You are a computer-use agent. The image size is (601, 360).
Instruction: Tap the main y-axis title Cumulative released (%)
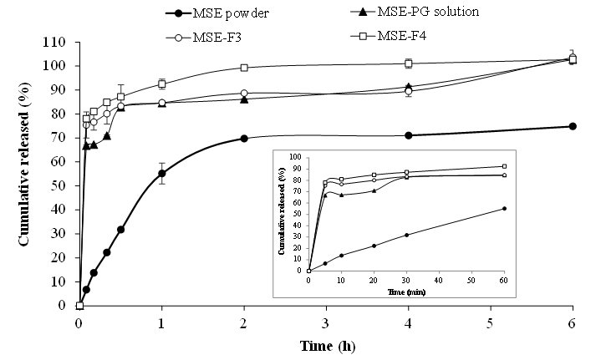click(x=26, y=173)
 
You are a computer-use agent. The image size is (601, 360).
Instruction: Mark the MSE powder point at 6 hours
click(x=573, y=126)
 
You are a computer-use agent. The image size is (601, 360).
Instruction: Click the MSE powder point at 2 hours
click(x=244, y=138)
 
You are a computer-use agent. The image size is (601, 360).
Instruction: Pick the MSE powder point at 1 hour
click(x=161, y=174)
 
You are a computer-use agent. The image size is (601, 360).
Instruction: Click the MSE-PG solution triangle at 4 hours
click(x=408, y=86)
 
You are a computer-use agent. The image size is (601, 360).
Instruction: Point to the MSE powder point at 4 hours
click(x=408, y=135)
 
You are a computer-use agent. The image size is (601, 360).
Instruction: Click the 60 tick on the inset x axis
click(x=504, y=277)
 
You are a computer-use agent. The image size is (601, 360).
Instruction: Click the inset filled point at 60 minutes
click(x=504, y=208)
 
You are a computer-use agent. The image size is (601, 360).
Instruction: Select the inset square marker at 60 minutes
click(x=504, y=166)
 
